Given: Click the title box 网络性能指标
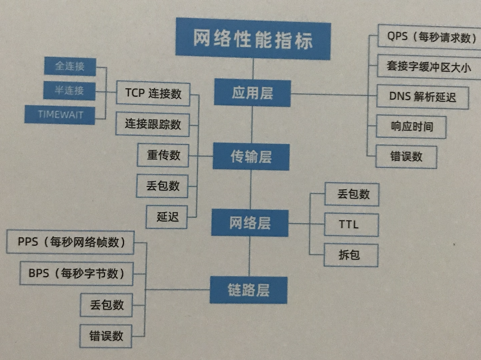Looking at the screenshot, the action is coord(253,39).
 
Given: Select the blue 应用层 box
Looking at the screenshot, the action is coord(252,93).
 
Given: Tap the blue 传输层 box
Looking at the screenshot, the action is coord(251,157).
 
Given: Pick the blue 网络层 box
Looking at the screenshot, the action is coord(250,223).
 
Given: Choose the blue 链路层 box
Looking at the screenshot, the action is coord(248,290).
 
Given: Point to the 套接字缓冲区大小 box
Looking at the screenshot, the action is coord(428,67).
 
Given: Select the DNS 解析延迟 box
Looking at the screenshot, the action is coord(422,96).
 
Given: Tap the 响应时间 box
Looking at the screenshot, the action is coord(411,126).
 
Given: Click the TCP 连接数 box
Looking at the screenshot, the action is coord(153,93).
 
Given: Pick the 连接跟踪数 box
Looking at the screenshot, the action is coord(153,124).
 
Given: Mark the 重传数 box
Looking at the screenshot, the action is coord(163,155).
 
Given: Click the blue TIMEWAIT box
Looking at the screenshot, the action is coord(60,114).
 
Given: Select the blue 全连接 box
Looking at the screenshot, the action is coord(70,66).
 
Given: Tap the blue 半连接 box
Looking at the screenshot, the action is coord(69,90).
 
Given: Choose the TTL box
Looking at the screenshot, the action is coord(351,224).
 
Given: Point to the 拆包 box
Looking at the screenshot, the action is coord(351,255).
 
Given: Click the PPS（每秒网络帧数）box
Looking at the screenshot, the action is coord(71,242).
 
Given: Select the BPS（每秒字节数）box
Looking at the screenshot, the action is coord(76,273).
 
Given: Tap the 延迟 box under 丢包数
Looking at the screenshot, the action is coord(168,217).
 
